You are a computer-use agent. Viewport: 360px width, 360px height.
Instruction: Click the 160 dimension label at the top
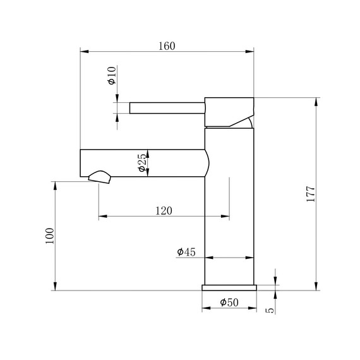[167, 45]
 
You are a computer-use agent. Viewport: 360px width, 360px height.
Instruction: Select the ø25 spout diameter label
[143, 164]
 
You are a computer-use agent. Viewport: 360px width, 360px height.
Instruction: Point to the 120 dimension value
[164, 210]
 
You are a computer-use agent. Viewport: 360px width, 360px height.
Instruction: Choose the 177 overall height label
[310, 194]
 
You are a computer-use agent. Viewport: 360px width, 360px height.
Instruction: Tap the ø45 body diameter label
[186, 252]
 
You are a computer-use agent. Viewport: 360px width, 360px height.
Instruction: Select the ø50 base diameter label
[229, 303]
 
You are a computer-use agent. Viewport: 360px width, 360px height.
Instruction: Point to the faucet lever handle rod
[167, 108]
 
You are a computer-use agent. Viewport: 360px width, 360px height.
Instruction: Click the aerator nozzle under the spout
[101, 177]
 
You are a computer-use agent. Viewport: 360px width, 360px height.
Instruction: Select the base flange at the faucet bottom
[229, 287]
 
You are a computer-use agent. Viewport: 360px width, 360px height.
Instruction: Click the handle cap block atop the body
[229, 111]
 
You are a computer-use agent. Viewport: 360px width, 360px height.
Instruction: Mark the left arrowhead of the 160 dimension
[83, 52]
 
